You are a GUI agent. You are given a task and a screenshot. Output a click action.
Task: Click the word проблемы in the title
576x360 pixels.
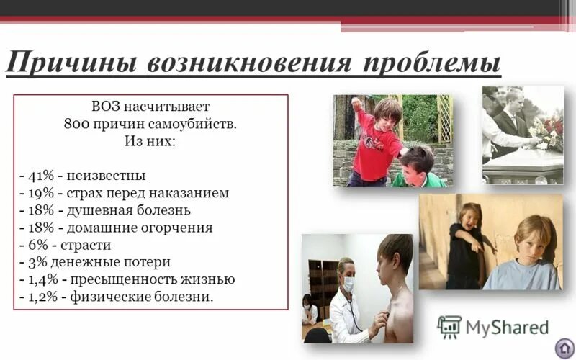[x=431, y=63]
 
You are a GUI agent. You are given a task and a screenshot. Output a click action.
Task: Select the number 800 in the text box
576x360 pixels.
[x=76, y=123]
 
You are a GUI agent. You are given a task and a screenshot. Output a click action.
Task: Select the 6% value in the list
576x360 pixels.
[x=36, y=245]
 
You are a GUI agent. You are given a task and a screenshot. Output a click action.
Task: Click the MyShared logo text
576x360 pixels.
[x=506, y=328]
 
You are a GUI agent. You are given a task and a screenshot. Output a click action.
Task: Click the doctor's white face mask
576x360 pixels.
[x=347, y=283]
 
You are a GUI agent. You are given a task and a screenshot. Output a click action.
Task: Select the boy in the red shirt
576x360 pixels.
[x=376, y=140]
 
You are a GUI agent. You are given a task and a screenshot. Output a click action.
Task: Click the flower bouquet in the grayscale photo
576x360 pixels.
[x=546, y=131]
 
